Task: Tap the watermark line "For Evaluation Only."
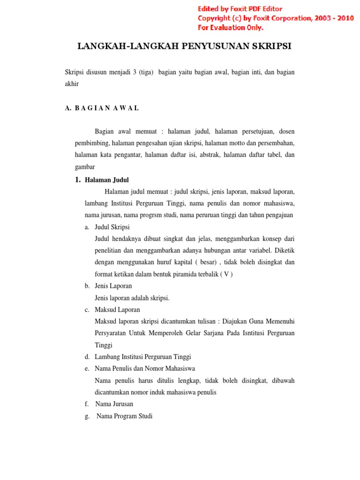coord(231,28)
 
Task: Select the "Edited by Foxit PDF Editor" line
coord(240,9)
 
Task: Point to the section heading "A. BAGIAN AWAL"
coord(102,108)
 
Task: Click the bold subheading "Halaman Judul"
coord(107,180)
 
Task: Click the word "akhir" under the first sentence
coord(72,84)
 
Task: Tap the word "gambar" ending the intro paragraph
coord(85,167)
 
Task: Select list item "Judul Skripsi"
coord(112,227)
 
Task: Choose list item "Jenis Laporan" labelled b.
coord(113,285)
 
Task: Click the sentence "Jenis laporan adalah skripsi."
coord(132,298)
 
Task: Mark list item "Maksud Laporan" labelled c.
coord(117,309)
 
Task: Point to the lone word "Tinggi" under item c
coord(104,345)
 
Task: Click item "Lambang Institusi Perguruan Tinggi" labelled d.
coord(143,357)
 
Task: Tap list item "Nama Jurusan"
coord(114,404)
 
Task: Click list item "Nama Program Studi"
coord(124,416)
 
